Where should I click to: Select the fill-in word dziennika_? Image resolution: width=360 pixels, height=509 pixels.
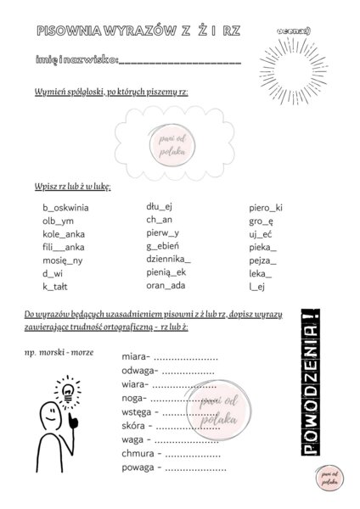(168, 260)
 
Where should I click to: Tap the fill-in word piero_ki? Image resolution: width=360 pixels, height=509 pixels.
(266, 207)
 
